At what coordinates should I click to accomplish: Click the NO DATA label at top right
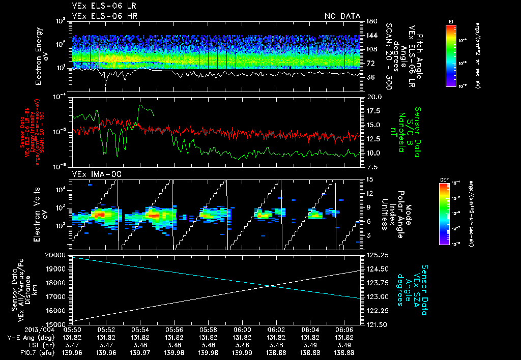coord(342,16)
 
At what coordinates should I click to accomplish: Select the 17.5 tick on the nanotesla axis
coord(372,111)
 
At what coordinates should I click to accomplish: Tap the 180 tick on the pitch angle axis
coord(370,21)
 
